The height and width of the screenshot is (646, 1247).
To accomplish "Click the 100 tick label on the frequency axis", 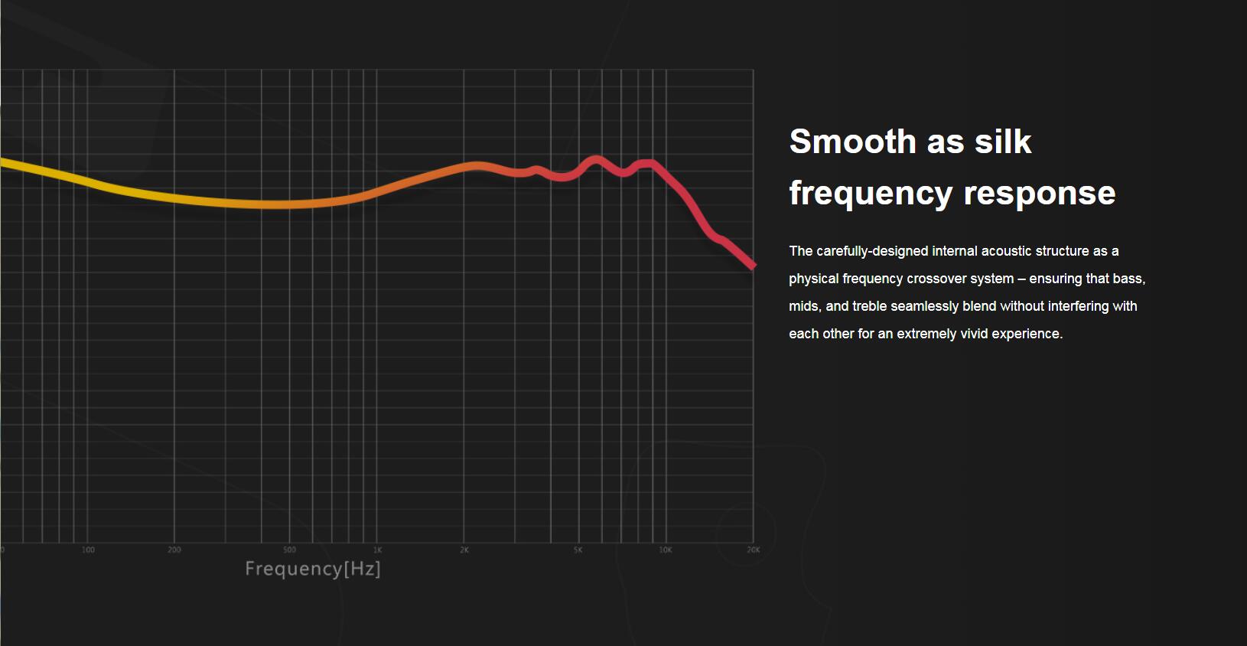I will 88,550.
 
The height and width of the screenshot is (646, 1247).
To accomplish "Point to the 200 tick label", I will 174,550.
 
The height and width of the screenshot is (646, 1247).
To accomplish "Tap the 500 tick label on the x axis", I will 289,550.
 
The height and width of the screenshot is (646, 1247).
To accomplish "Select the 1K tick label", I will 377,550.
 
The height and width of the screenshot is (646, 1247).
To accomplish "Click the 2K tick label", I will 464,550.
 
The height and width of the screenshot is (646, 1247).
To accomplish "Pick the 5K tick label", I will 578,550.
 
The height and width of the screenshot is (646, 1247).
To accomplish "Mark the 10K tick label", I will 666,550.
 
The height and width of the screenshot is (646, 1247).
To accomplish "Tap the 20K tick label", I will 754,550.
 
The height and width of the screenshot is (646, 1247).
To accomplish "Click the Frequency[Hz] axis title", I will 312,569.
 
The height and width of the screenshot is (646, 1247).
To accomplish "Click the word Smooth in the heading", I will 852,142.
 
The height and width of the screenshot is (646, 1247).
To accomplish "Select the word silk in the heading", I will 1002,142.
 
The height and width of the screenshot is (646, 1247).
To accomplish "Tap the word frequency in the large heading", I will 871,193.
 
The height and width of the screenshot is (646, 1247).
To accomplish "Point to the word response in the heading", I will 1040,193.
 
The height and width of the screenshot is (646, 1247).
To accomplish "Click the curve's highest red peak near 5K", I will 596,160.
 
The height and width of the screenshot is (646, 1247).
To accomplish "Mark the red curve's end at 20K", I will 753,266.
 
